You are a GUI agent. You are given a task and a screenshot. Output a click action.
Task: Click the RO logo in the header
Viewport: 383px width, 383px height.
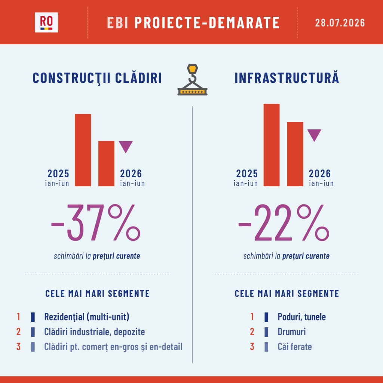46,22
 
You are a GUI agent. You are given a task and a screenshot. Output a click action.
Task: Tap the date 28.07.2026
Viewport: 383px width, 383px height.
340,23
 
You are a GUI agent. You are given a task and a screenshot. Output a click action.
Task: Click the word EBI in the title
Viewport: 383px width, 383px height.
117,23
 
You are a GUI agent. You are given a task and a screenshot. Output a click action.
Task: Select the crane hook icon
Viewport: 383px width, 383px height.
193,80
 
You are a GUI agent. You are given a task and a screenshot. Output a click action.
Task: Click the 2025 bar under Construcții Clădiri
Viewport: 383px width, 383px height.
83,150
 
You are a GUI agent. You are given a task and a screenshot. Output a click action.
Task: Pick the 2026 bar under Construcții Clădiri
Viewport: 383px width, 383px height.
106,163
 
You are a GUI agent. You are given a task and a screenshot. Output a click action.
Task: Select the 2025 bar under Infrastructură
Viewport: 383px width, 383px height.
272,145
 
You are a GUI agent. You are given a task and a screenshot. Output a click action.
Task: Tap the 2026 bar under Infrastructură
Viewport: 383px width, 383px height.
295,154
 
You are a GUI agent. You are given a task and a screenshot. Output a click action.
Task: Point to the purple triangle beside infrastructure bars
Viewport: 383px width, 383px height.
314,135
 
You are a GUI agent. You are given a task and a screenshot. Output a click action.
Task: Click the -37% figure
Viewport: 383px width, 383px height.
95,223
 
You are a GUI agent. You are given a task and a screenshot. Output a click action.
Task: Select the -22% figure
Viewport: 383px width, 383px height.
284,223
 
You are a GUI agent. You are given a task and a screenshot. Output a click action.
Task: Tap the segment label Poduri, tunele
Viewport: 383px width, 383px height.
302,317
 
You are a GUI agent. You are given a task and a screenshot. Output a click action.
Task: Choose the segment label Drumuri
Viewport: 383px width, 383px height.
292,332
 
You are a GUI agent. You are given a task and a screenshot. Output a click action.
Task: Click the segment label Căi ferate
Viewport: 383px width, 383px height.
295,347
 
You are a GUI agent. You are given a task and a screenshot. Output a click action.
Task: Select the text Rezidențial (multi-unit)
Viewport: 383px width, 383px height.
87,317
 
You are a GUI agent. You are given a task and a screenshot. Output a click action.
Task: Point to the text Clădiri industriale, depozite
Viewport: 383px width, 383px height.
95,332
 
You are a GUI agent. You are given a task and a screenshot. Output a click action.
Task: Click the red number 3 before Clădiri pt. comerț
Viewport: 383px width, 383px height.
18,347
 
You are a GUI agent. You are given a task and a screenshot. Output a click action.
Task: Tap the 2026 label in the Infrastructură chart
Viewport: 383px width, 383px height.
319,174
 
